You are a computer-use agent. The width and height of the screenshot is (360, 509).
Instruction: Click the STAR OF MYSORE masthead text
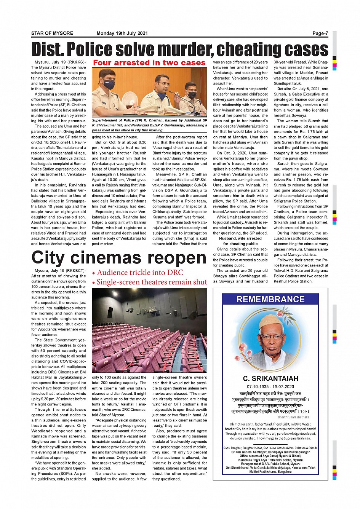(52, 34)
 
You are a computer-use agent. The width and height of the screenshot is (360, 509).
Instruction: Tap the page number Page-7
(320, 34)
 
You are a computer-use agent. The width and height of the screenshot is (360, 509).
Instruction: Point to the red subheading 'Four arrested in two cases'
(149, 63)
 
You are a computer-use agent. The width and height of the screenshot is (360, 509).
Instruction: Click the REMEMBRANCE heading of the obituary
(270, 299)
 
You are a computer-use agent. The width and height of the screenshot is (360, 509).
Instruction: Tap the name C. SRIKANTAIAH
(270, 378)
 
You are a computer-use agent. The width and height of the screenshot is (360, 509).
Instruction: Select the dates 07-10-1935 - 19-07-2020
(270, 386)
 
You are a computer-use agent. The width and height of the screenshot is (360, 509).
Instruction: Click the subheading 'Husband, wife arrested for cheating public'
(240, 241)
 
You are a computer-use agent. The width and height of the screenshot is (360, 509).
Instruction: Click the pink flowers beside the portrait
(243, 351)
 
